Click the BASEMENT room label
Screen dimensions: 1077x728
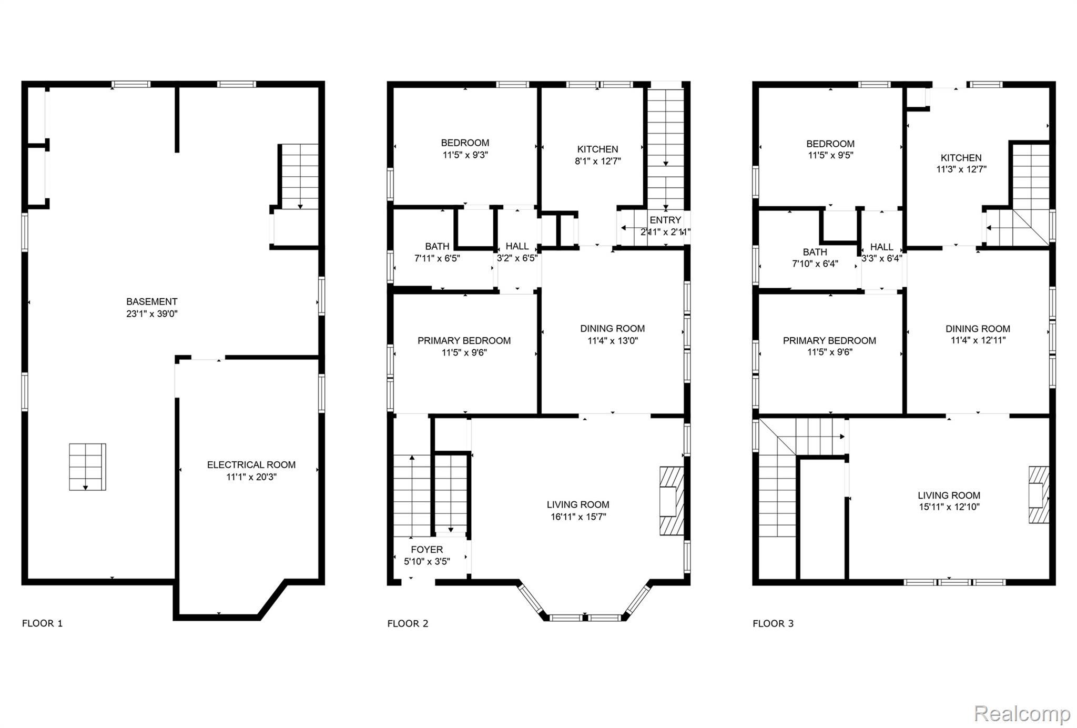(151, 301)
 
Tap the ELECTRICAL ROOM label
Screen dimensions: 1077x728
(251, 464)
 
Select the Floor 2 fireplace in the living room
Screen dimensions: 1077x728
(672, 501)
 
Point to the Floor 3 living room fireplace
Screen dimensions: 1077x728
(1039, 494)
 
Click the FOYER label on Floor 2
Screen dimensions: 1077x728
(426, 549)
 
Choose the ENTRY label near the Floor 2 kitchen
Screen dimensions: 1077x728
(665, 220)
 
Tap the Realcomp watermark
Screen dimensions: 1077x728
(1022, 714)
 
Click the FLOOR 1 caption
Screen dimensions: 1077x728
(42, 623)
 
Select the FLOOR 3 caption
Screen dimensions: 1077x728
(773, 623)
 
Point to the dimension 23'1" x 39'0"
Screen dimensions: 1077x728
(151, 314)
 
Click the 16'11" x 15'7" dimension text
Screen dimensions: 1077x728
(578, 517)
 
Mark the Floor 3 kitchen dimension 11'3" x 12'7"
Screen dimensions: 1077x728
(961, 169)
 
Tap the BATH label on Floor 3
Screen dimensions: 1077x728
(815, 252)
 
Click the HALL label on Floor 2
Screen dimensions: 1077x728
(517, 246)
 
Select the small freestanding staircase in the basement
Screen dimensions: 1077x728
(87, 467)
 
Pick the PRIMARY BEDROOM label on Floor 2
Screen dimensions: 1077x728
(464, 340)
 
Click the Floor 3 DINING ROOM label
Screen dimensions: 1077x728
(978, 329)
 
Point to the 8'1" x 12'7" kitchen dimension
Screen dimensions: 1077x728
(598, 161)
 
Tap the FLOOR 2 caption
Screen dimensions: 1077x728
(408, 623)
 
